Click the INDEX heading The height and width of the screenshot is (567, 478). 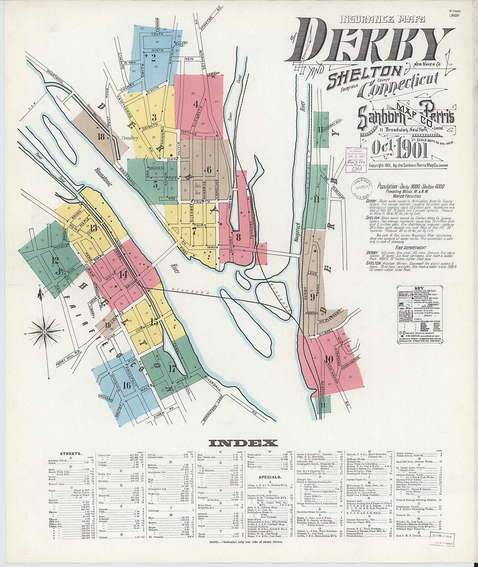click(243, 443)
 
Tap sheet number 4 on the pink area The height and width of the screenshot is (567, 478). click(196, 104)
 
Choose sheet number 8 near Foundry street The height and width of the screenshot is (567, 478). click(238, 237)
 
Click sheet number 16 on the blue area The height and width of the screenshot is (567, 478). click(126, 385)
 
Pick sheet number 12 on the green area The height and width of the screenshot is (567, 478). click(55, 260)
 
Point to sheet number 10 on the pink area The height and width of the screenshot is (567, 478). click(329, 359)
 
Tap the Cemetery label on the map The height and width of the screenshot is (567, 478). click(129, 138)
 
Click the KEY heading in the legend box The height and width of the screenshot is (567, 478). click(419, 288)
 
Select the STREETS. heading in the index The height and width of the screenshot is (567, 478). click(70, 453)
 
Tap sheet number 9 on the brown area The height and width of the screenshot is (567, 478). click(313, 297)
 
